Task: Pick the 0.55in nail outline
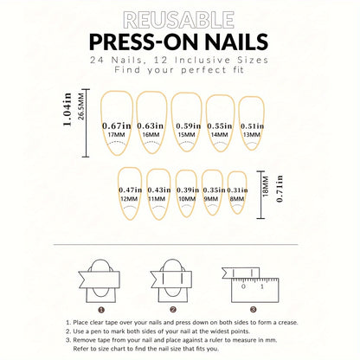[x=220, y=123]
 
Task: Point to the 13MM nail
[x=252, y=123]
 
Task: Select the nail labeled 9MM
[x=212, y=196]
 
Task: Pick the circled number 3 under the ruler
[x=252, y=309]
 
